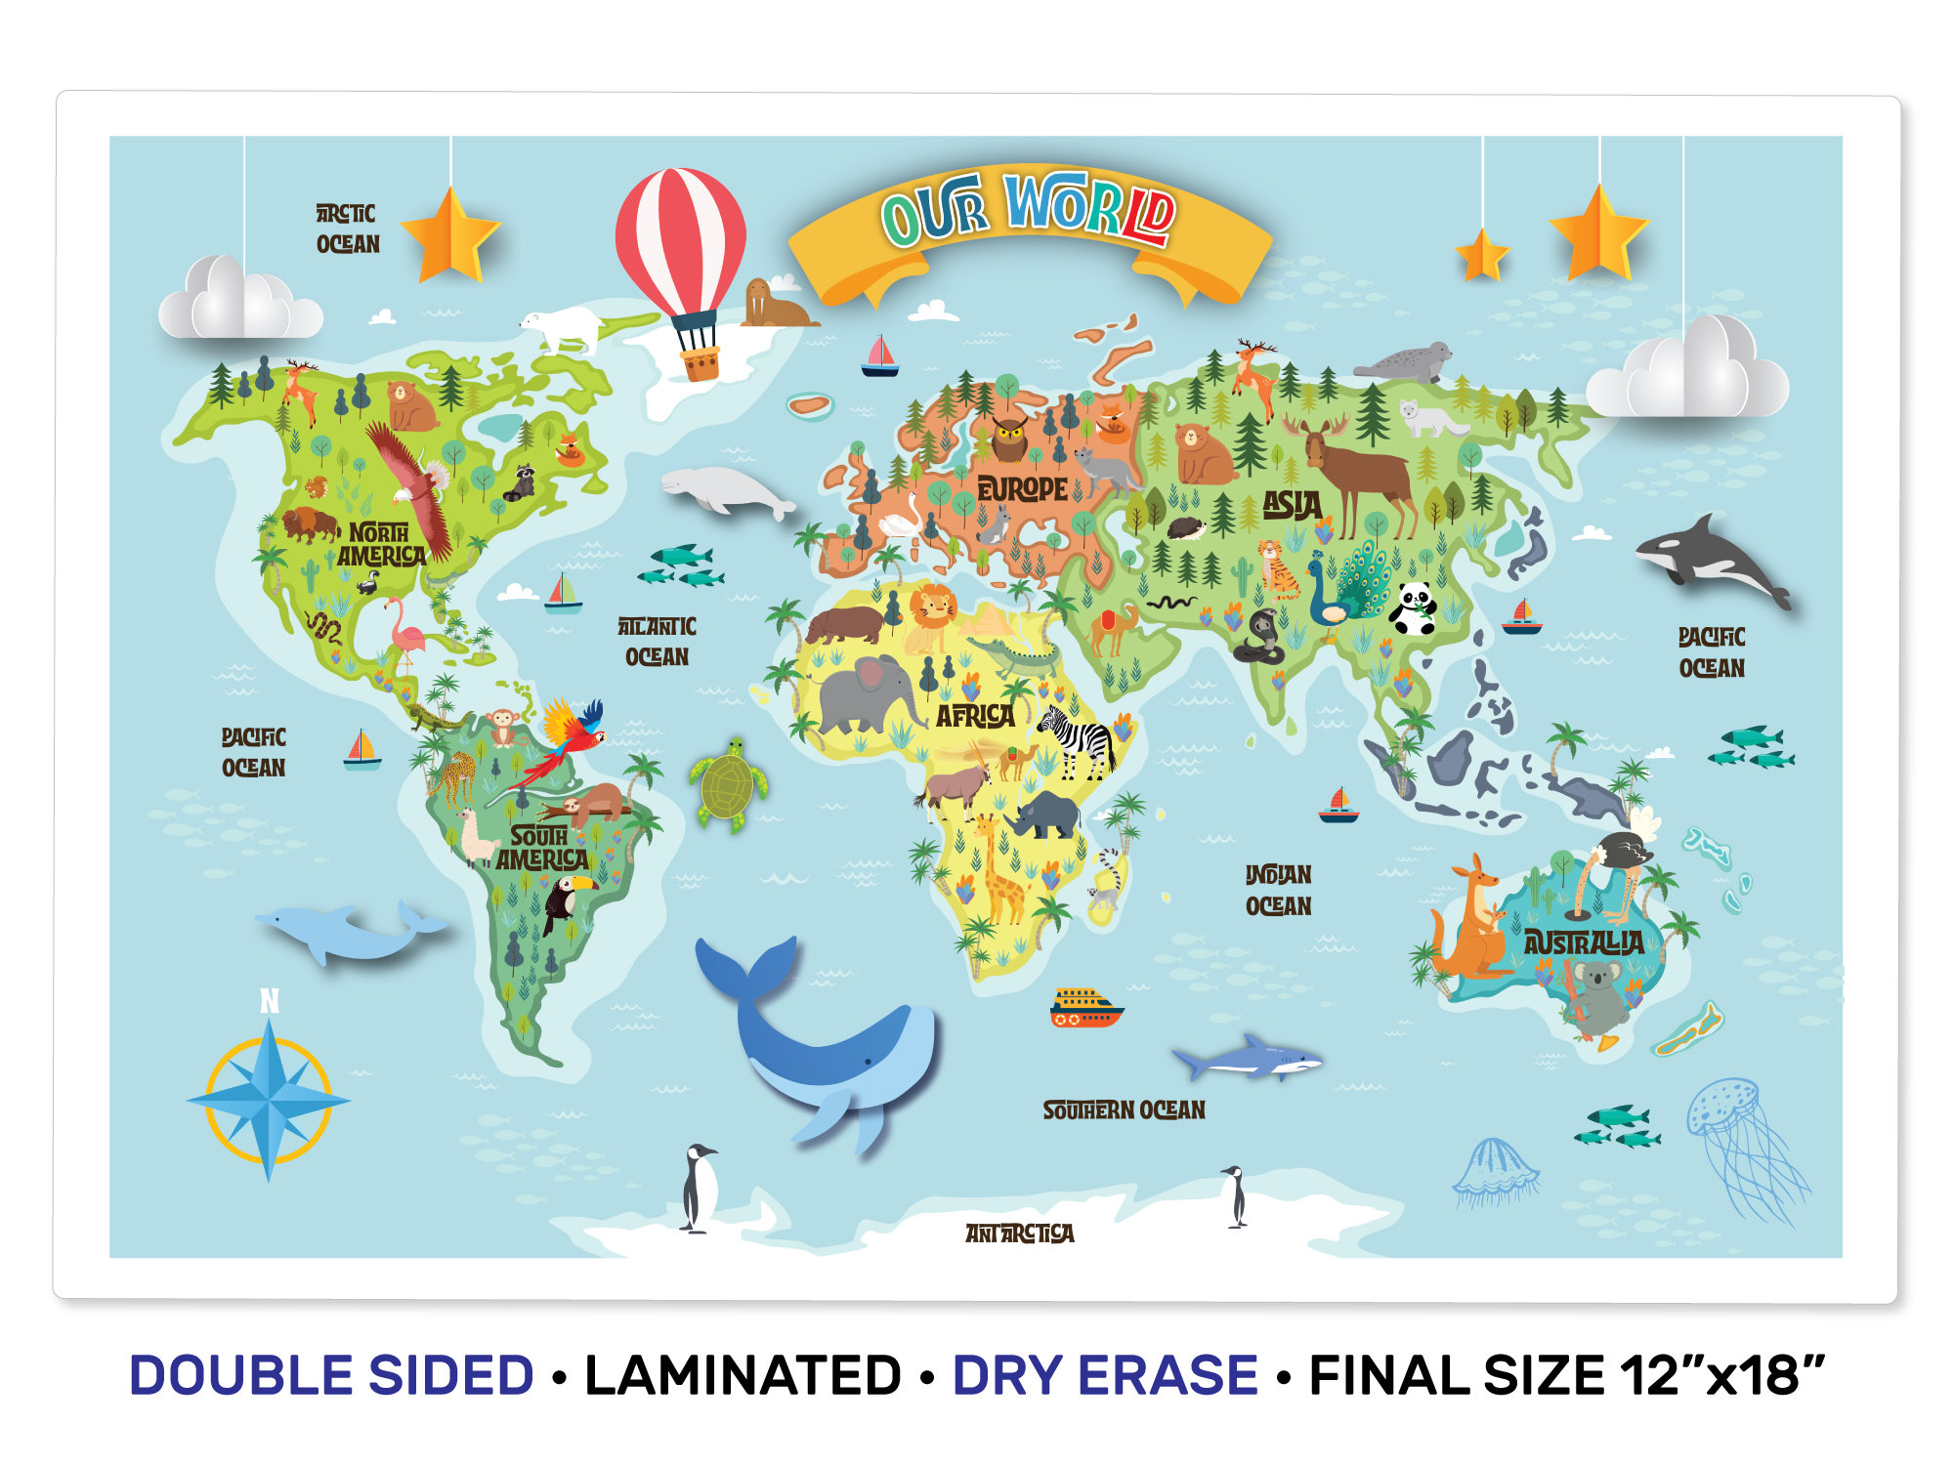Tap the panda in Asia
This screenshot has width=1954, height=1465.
[x=1412, y=607]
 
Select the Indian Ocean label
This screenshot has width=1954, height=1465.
[x=1278, y=890]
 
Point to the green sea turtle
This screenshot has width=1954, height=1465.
[x=727, y=784]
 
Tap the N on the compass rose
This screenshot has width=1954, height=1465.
[x=270, y=1001]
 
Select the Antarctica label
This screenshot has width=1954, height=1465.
[x=1019, y=1234]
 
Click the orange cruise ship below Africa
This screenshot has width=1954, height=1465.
[x=1085, y=1007]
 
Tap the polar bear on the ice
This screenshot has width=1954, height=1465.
[x=565, y=326]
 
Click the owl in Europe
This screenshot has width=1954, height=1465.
[x=1009, y=437]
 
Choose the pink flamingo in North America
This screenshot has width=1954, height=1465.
[x=405, y=632]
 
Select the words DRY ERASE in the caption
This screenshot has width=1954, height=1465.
[x=1105, y=1375]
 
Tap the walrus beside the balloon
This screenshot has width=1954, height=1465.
[x=772, y=305]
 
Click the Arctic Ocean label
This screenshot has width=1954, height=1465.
[x=347, y=229]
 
